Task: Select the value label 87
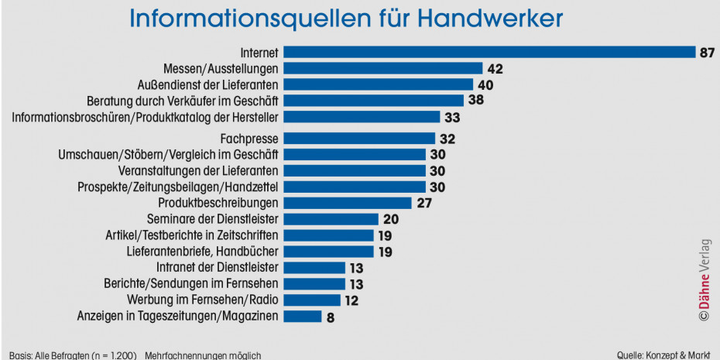tap(706, 53)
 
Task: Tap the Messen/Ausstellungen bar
tap(383, 69)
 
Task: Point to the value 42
tap(495, 69)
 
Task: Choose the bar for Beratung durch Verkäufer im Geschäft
tap(374, 101)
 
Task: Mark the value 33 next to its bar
tap(453, 117)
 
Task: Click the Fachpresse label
tap(249, 139)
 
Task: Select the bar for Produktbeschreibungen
tap(348, 203)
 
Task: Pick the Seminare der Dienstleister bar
tap(331, 219)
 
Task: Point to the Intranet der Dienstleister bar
tap(314, 268)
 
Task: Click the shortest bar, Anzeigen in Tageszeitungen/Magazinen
tap(303, 316)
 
